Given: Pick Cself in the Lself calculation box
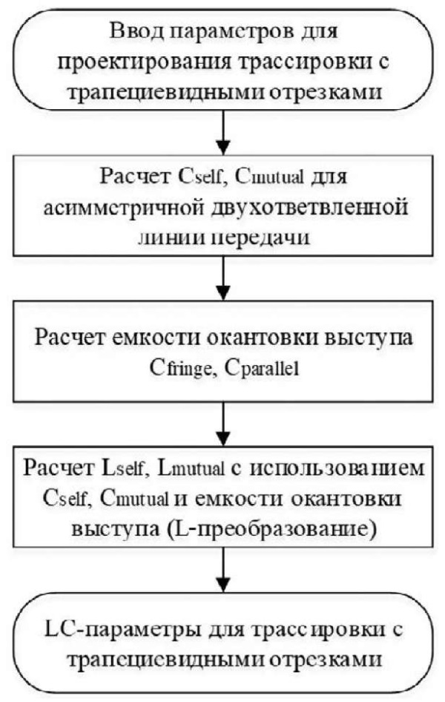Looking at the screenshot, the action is coord(65,499).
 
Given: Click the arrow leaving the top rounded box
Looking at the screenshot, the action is coord(222,132).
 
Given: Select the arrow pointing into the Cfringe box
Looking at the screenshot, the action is coord(222,278).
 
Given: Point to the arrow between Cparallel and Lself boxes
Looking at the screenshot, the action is coord(222,423).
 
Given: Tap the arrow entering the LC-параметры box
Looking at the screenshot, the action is coord(222,569).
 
